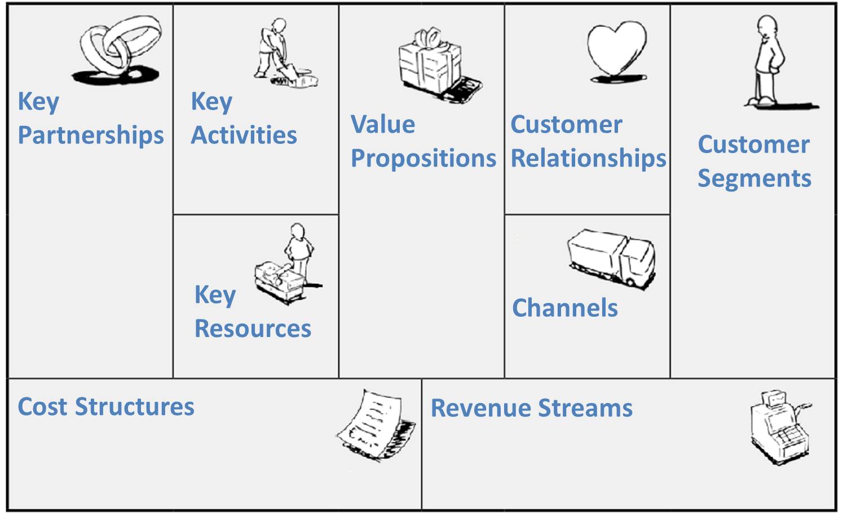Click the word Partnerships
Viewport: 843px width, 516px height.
(x=91, y=135)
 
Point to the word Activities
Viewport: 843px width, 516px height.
(x=244, y=135)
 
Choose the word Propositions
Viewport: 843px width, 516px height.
(x=423, y=159)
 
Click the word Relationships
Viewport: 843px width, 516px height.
(x=588, y=159)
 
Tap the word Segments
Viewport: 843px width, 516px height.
(x=754, y=178)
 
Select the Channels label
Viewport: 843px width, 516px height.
(x=565, y=308)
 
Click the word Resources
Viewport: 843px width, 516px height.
(x=253, y=329)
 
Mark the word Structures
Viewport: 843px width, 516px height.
(x=135, y=406)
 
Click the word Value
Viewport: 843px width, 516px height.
(x=383, y=124)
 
